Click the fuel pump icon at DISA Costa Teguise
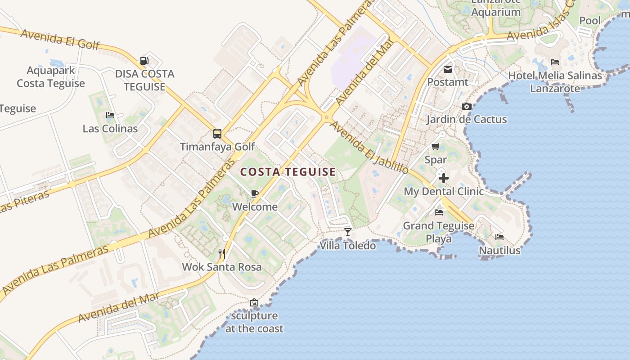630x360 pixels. coord(144,61)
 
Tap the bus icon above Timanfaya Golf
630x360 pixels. coord(217,133)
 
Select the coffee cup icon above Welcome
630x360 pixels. coord(254,194)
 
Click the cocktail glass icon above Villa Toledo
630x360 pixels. coord(347,232)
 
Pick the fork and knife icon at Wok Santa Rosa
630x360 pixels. coord(221,254)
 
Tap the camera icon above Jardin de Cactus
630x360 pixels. coord(467,107)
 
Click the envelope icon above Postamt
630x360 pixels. coord(448,69)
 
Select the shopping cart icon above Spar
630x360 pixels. coord(435,147)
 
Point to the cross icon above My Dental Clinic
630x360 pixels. coord(444,178)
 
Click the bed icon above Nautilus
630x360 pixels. coord(499,237)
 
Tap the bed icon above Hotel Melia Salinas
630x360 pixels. coord(555,62)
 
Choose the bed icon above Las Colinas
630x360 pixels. coord(110,115)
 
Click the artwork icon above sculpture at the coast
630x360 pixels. coord(254,302)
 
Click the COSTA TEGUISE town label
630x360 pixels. coord(288,172)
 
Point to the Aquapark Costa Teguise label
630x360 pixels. coord(51,77)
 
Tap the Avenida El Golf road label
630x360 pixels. coord(60,39)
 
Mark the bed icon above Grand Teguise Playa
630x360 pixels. coord(439,212)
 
